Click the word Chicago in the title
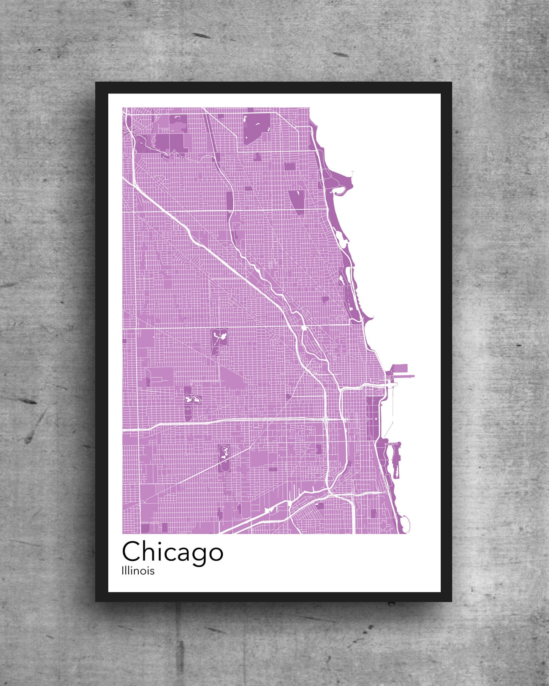(x=172, y=552)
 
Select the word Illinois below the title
(x=138, y=571)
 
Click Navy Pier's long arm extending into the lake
(x=403, y=376)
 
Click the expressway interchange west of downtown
(x=326, y=419)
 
